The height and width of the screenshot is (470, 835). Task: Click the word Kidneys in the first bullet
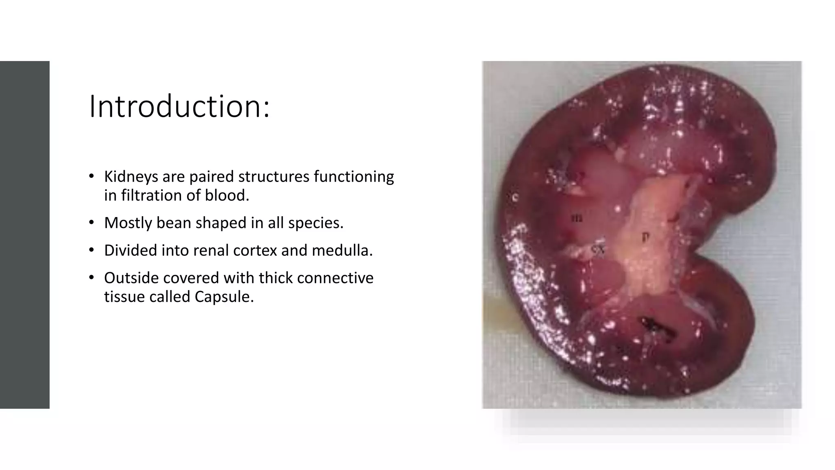130,177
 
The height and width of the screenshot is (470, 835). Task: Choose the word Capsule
224,297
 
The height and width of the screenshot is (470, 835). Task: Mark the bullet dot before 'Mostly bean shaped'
92,223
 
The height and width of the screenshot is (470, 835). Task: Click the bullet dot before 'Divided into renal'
92,251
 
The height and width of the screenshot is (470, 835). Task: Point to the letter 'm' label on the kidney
577,218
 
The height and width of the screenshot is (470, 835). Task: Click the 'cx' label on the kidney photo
598,249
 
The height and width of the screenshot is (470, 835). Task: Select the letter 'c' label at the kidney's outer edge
515,197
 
